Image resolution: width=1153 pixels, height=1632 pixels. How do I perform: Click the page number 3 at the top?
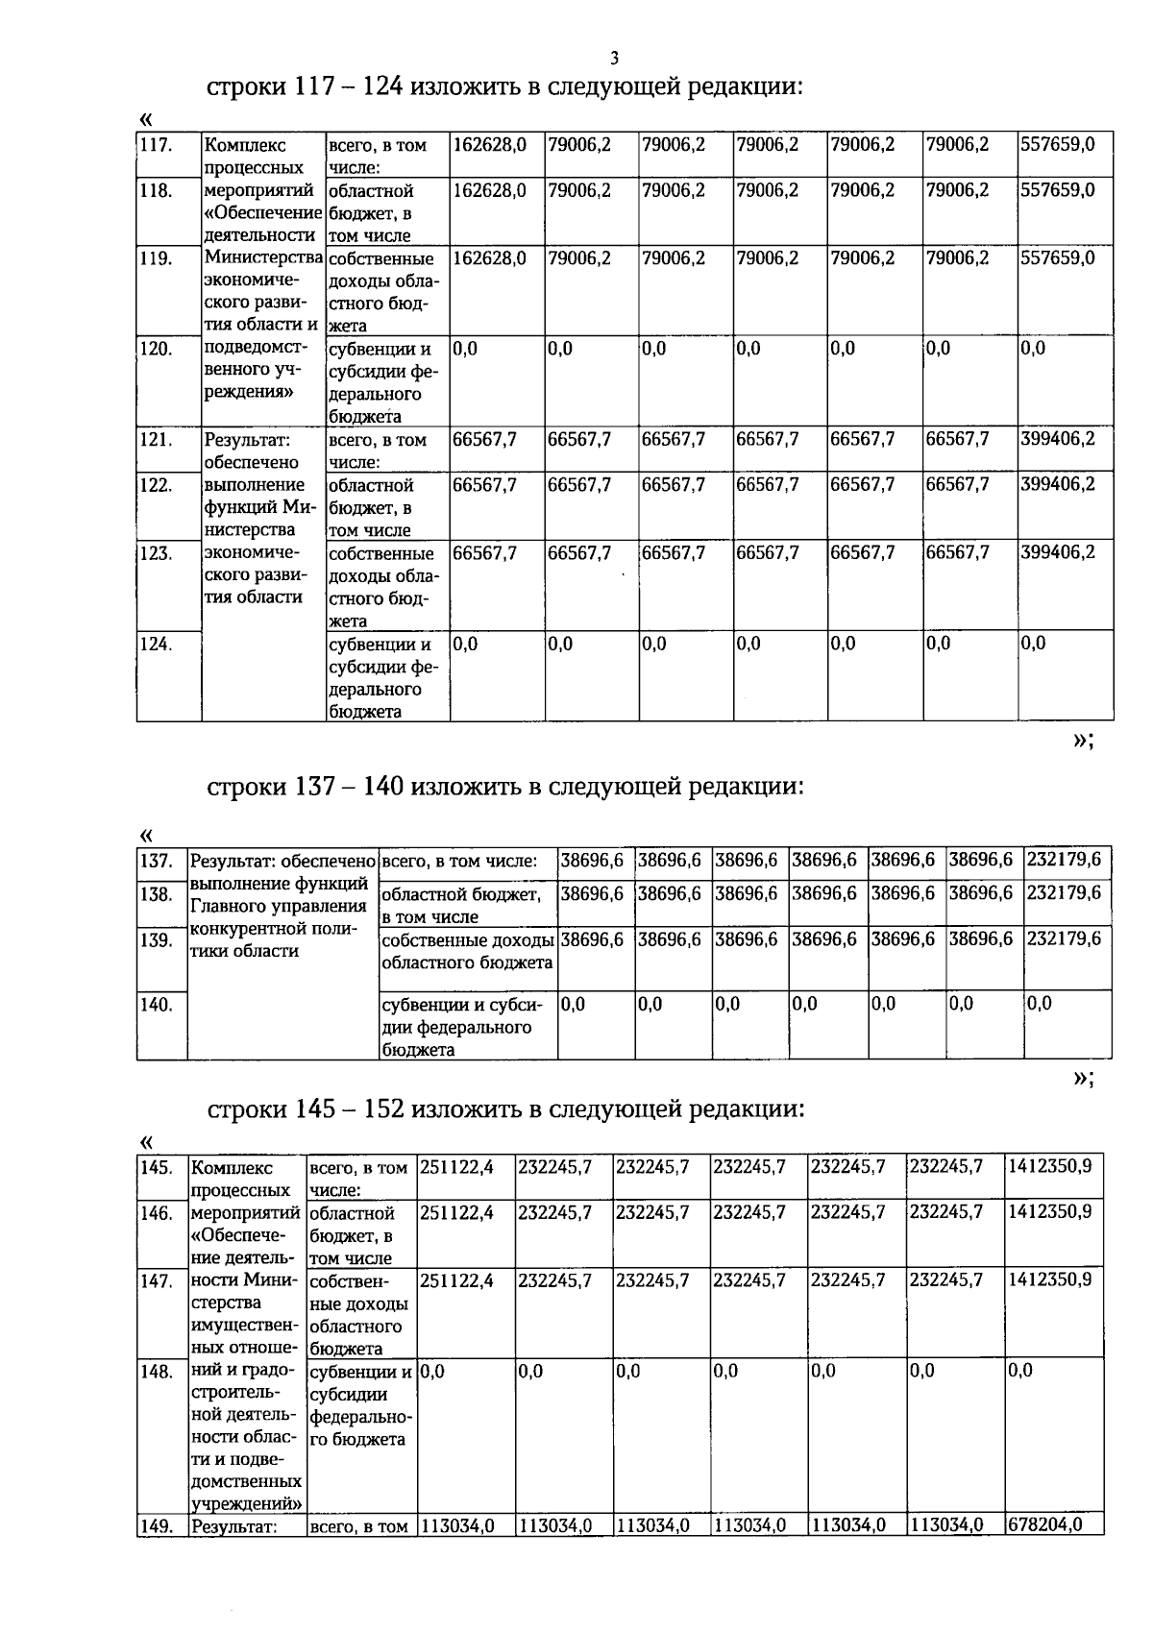(614, 57)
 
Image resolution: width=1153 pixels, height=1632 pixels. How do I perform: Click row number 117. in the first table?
(156, 145)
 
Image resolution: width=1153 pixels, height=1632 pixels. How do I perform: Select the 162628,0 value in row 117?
(490, 145)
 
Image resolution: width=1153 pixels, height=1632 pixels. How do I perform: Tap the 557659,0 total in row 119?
(1058, 258)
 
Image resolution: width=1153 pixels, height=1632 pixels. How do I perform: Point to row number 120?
(156, 349)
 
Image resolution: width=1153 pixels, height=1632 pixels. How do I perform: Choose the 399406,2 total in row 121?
(1058, 439)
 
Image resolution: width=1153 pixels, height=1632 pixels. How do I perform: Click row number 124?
(156, 644)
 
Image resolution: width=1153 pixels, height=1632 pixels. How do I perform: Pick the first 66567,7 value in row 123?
(485, 552)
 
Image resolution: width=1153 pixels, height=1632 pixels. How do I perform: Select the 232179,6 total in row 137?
(1065, 860)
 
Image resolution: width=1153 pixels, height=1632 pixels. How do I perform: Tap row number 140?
(157, 1005)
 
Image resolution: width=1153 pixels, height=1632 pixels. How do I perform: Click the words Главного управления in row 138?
(279, 906)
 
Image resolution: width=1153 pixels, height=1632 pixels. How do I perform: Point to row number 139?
(157, 939)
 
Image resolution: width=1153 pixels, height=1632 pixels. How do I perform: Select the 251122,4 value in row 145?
(457, 1167)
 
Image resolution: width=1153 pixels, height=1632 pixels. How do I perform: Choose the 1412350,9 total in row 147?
(1050, 1279)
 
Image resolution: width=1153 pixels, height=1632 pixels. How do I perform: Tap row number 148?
(157, 1371)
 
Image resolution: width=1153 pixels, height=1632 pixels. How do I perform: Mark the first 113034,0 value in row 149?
(457, 1524)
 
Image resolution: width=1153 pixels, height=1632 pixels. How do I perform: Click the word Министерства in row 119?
(263, 257)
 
